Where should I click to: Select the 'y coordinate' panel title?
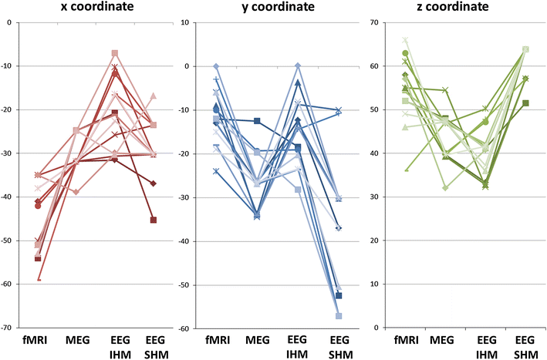pyautogui.click(x=275, y=7)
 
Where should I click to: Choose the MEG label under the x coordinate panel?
pyautogui.click(x=76, y=340)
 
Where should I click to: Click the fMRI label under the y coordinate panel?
pyautogui.click(x=217, y=340)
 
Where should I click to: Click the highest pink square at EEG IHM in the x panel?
pyautogui.click(x=115, y=53)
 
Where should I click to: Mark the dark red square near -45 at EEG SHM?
pyautogui.click(x=154, y=220)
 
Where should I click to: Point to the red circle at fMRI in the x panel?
pyautogui.click(x=37, y=206)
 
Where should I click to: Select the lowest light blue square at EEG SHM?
pyautogui.click(x=338, y=316)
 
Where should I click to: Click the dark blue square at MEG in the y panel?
pyautogui.click(x=257, y=121)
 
